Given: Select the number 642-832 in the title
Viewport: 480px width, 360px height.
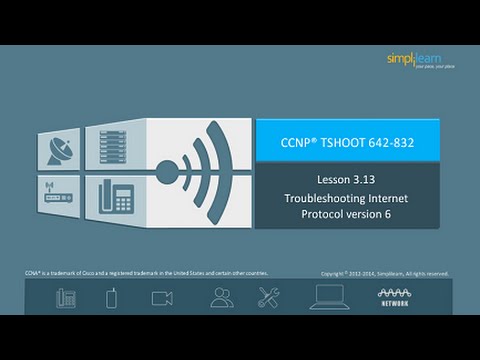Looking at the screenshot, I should tap(391, 142).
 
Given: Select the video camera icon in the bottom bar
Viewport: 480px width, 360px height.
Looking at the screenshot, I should tap(162, 297).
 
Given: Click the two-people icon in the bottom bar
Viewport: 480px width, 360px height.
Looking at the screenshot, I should tap(222, 297).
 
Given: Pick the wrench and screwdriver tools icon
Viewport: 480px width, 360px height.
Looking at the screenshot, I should tap(270, 297).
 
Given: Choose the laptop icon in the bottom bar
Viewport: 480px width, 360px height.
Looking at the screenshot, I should tap(329, 297).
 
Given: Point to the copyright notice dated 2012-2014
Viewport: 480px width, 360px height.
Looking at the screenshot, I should tap(385, 272).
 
